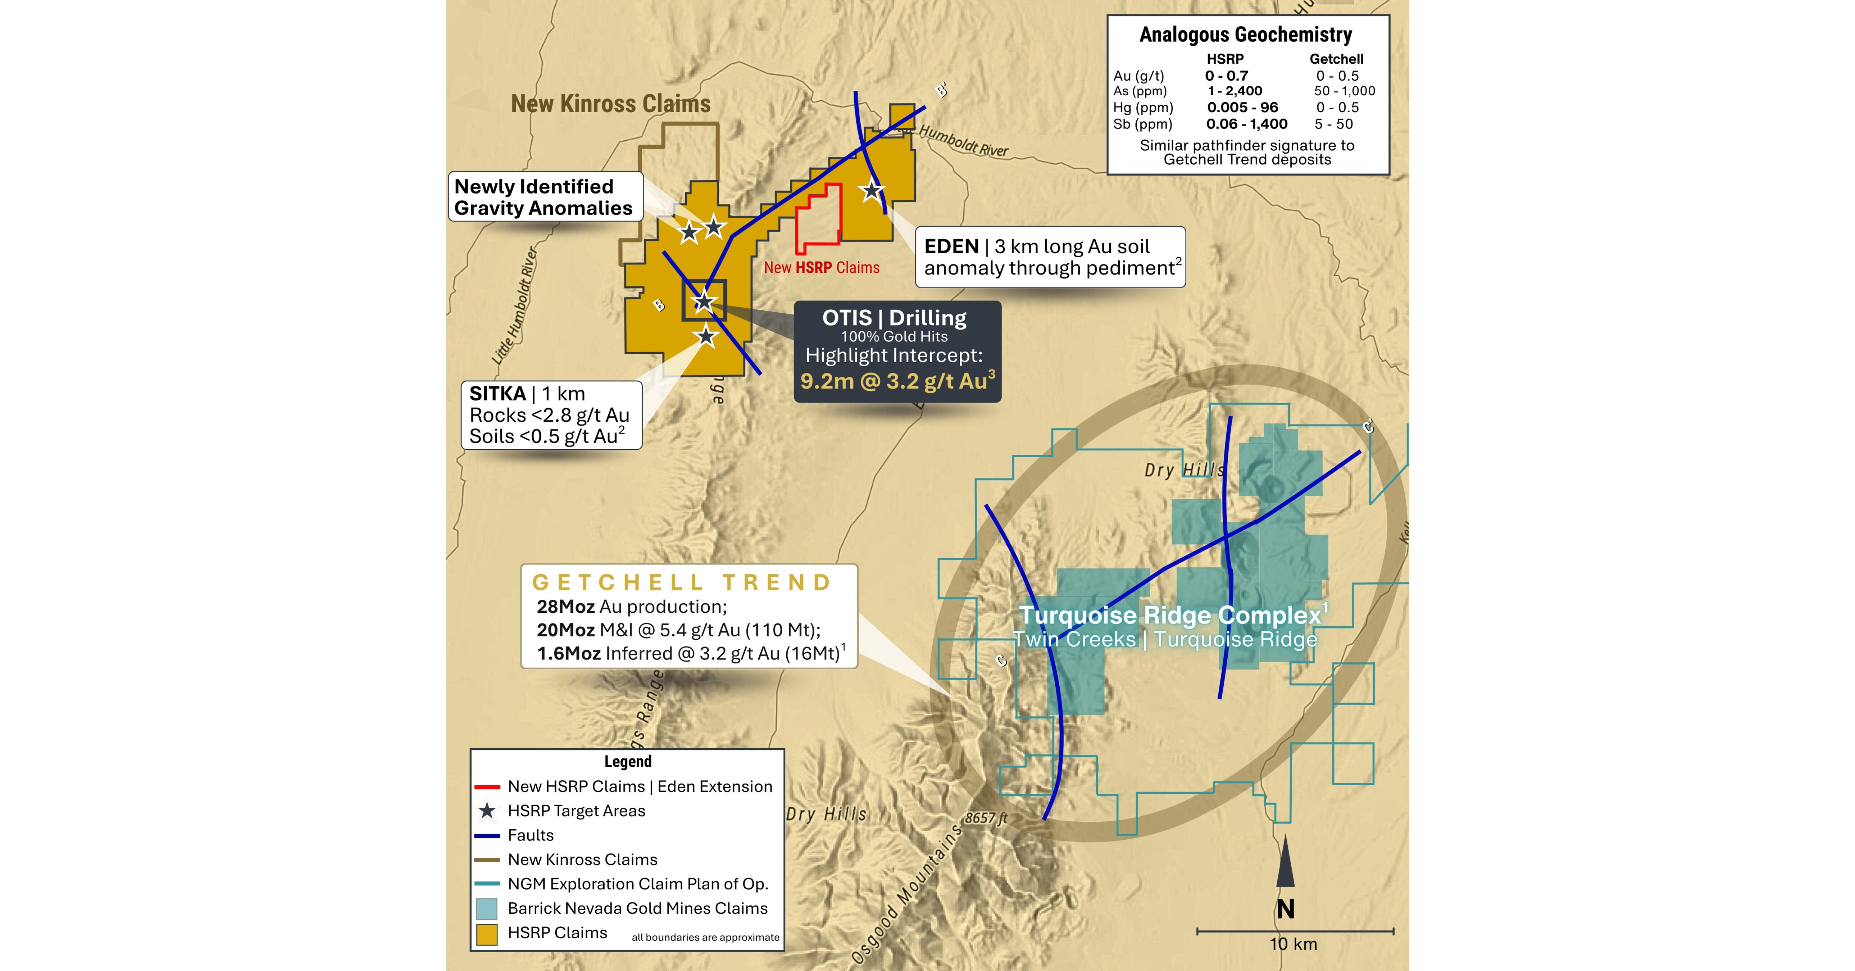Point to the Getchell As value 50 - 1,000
[x=1344, y=91]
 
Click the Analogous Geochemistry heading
[x=1246, y=35]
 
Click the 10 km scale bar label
[x=1293, y=944]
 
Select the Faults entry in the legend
[x=531, y=836]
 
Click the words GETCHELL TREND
[x=681, y=582]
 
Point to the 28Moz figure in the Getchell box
[x=565, y=607]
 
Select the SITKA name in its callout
[x=497, y=394]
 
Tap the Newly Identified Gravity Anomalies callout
[x=544, y=197]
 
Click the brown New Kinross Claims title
[x=611, y=104]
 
